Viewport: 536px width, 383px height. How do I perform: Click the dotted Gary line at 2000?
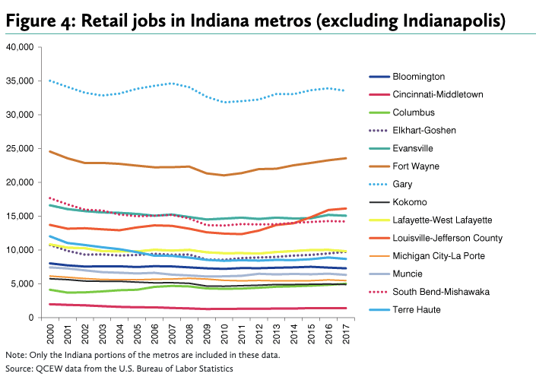click(x=49, y=81)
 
